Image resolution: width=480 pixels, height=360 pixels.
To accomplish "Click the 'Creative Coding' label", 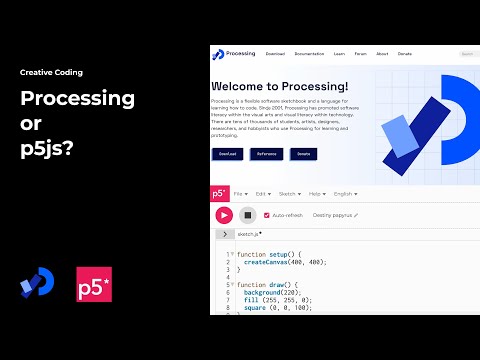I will coord(51,73).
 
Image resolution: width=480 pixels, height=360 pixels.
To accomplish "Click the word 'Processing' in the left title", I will coord(78,98).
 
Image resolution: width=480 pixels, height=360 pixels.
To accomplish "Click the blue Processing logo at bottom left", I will coord(36,283).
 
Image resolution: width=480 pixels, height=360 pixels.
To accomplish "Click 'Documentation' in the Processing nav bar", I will coord(309,53).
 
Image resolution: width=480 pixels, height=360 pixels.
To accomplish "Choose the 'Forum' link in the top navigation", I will coord(360,53).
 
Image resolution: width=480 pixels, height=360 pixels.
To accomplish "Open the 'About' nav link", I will coord(382,53).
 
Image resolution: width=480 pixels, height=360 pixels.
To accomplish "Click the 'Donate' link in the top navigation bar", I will coord(404,53).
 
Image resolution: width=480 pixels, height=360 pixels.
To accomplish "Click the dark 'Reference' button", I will coord(266,154).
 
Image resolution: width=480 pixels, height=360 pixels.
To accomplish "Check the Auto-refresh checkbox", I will coord(266,215).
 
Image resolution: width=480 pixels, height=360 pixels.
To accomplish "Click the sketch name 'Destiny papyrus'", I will coord(333,215).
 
